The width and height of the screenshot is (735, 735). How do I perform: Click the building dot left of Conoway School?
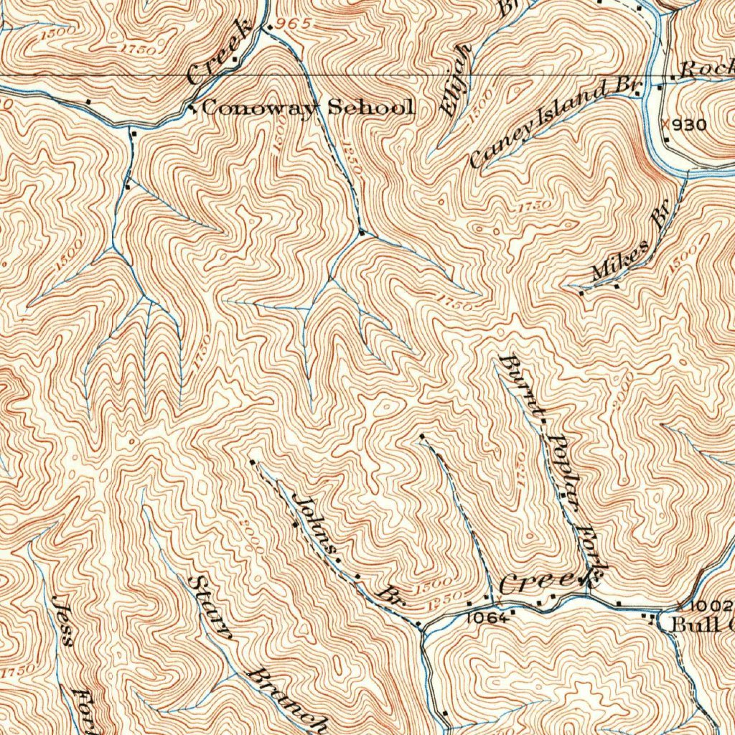[192, 109]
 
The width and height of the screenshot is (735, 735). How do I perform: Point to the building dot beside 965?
[269, 28]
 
